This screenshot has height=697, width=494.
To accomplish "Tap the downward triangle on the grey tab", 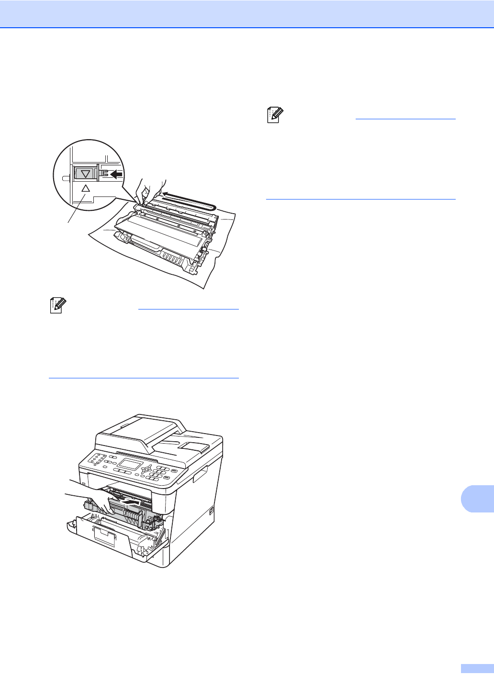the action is (x=86, y=174).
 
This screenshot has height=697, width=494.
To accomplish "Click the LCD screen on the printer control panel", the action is (x=130, y=464).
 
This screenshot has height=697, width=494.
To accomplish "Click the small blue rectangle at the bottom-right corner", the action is (x=476, y=668).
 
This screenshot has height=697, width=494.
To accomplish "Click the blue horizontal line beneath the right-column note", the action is (x=360, y=199).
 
